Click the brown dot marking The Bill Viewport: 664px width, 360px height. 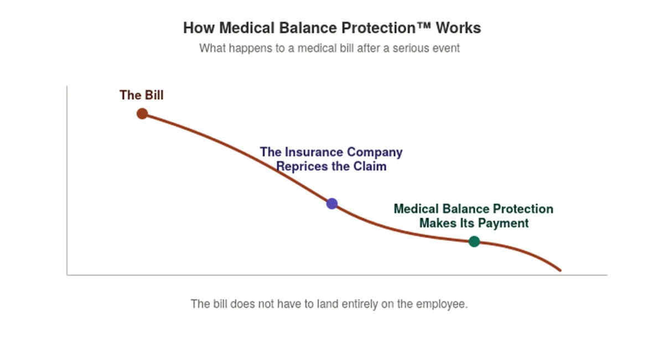point(142,114)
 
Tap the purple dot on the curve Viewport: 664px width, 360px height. point(332,204)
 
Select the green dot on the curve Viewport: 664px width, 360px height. point(474,242)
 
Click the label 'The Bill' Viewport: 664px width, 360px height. point(142,95)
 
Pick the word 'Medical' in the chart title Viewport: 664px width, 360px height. point(247,28)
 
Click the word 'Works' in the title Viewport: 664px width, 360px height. point(458,28)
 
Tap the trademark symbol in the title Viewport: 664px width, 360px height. point(424,25)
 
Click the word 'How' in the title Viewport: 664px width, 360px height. point(199,28)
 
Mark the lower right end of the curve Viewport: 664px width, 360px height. point(560,270)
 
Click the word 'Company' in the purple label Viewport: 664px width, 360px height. point(375,153)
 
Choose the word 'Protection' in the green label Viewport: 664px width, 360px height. point(523,209)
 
